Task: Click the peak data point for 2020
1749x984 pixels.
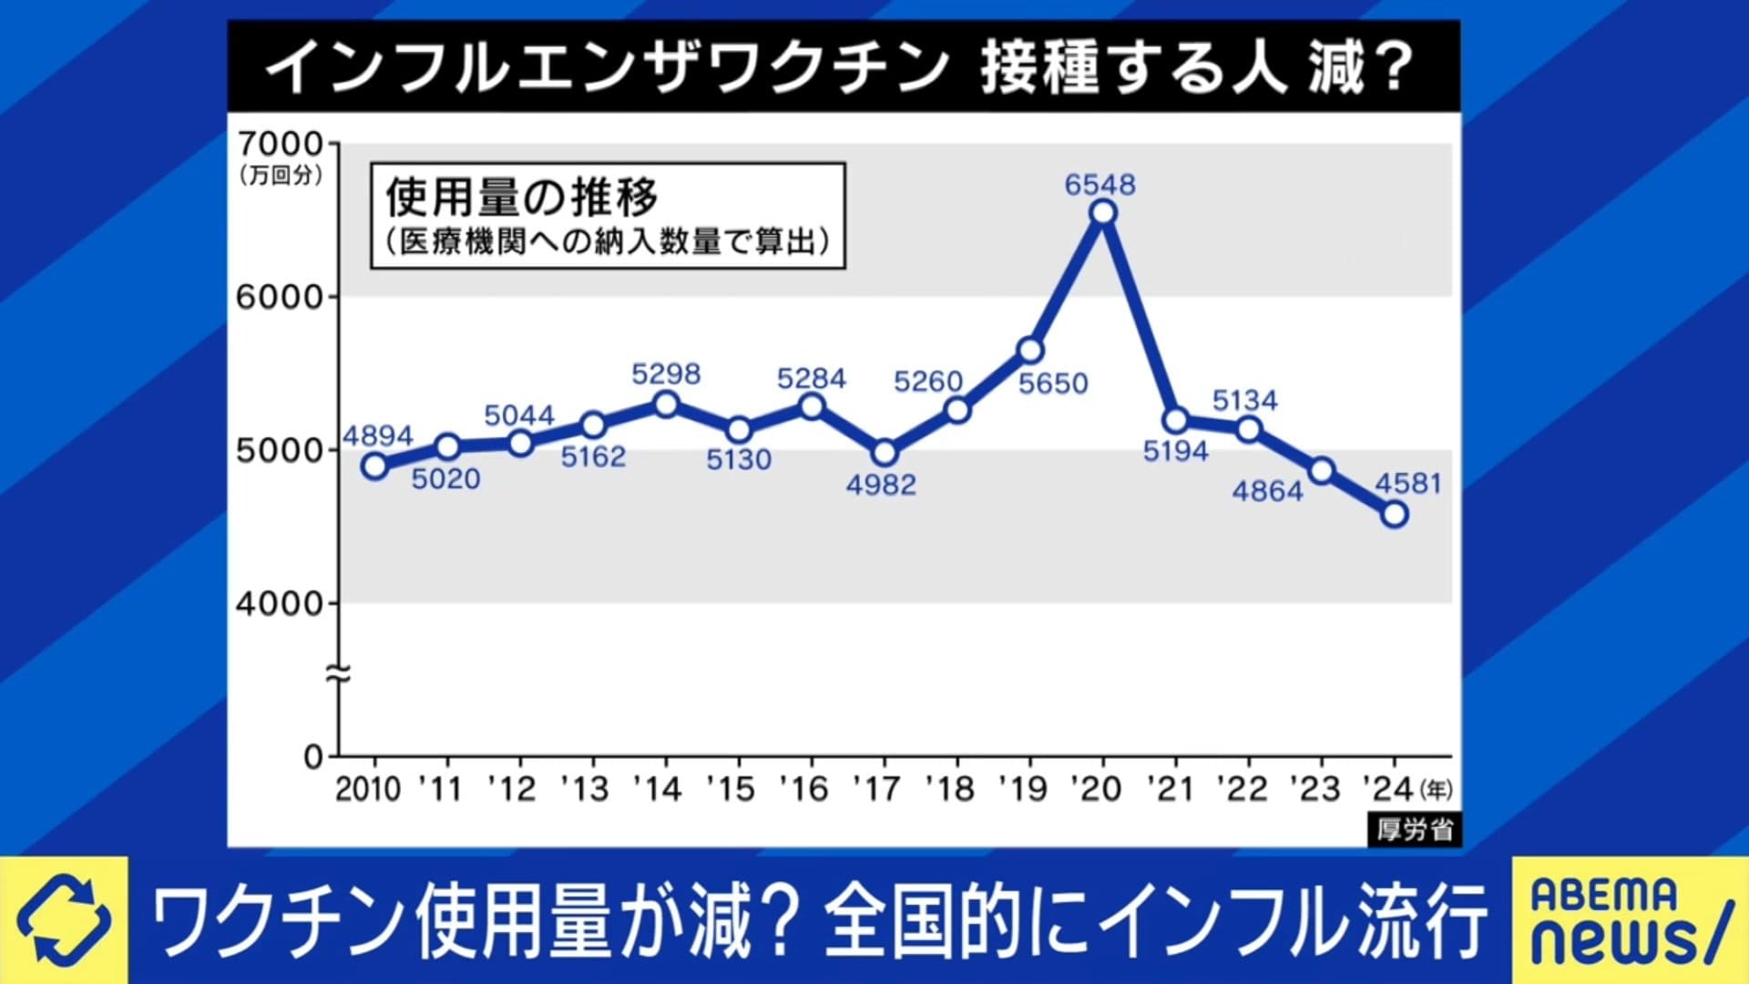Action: pyautogui.click(x=1102, y=213)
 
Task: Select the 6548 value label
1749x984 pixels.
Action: pyautogui.click(x=1100, y=185)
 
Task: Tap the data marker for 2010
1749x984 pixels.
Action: pyautogui.click(x=374, y=466)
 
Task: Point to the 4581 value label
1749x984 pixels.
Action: pyautogui.click(x=1407, y=483)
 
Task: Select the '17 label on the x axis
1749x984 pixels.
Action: pyautogui.click(x=879, y=789)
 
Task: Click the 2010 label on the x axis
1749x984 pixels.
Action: pyautogui.click(x=368, y=789)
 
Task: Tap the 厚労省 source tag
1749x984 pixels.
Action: pyautogui.click(x=1414, y=830)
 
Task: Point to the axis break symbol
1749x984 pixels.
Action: pyautogui.click(x=338, y=675)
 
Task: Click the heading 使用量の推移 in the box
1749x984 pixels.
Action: pyautogui.click(x=522, y=197)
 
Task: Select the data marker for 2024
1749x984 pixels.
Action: pyautogui.click(x=1394, y=515)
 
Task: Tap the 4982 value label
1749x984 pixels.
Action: pyautogui.click(x=881, y=485)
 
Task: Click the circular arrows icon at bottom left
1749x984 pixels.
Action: pyautogui.click(x=64, y=920)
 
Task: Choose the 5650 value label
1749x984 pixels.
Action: pyautogui.click(x=1053, y=384)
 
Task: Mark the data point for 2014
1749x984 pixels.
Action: pyautogui.click(x=666, y=404)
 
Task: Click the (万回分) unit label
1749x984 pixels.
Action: pyautogui.click(x=281, y=175)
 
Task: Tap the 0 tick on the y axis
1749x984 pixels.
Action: pyautogui.click(x=313, y=756)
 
